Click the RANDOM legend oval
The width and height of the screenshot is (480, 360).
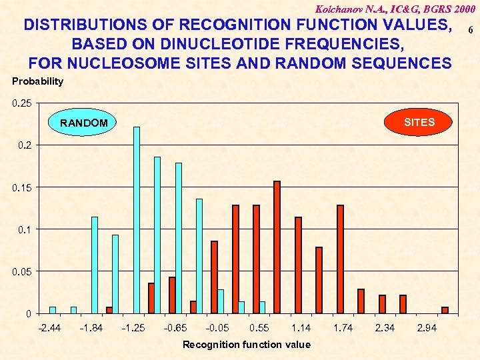point(84,123)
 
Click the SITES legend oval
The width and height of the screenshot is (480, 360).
point(419,122)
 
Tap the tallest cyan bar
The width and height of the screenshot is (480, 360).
point(137,219)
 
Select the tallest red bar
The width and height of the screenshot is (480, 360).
point(277,247)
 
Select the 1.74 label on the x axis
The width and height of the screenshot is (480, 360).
point(343,328)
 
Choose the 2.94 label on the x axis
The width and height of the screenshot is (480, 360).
point(427,328)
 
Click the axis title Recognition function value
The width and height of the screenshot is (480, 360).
point(247,345)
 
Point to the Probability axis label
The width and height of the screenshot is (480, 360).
point(38,81)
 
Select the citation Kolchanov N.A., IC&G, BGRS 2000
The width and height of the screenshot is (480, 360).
point(396,9)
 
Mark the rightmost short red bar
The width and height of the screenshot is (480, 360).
point(445,310)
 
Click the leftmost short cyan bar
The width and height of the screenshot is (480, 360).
point(53,310)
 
